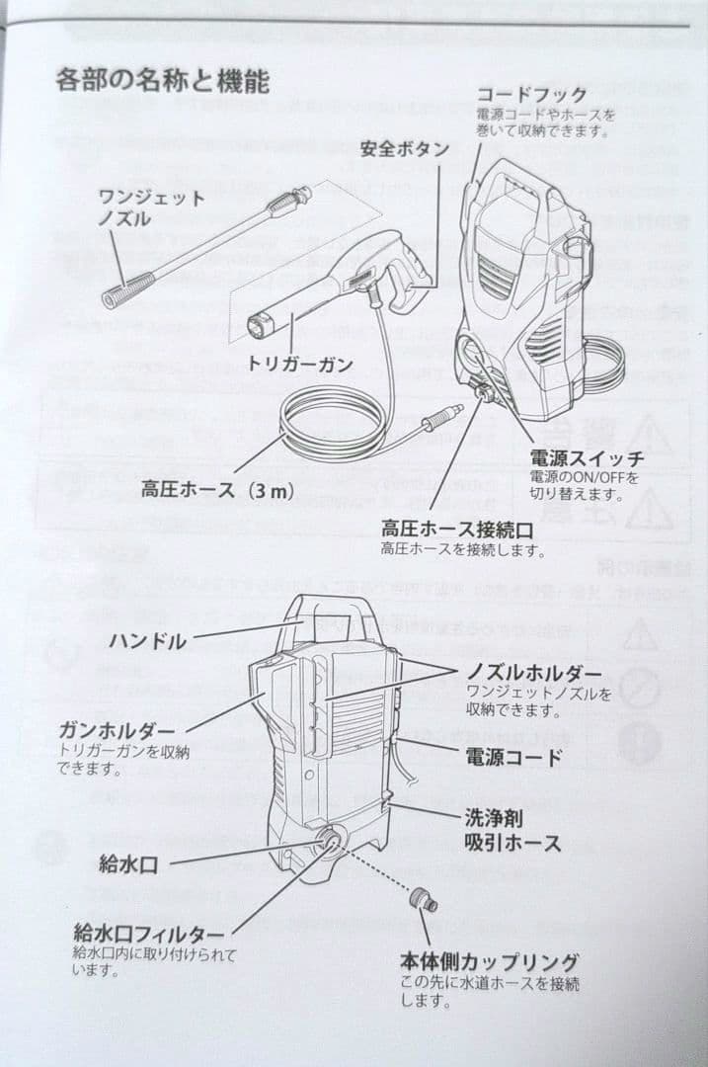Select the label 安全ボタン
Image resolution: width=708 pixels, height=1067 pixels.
point(405,149)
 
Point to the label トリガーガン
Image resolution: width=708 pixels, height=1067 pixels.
point(300,365)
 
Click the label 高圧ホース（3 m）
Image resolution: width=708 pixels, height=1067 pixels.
point(217,488)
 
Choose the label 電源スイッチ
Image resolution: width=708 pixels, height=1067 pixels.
point(587,458)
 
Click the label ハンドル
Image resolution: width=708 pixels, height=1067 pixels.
point(147,642)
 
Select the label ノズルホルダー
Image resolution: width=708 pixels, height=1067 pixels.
point(534,673)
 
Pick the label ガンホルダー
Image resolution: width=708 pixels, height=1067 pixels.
point(117,730)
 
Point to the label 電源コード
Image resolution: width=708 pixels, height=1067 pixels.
point(513,758)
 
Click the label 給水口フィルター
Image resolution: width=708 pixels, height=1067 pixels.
point(149,933)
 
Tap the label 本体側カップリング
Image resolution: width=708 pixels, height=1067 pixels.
point(489,961)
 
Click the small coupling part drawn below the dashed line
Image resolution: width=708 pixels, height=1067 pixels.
point(426,900)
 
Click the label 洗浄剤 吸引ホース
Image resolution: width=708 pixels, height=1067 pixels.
point(512,831)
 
